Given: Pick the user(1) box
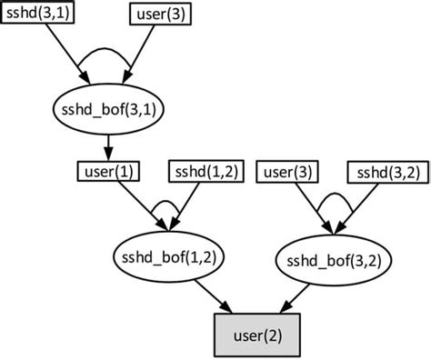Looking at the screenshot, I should (x=108, y=172).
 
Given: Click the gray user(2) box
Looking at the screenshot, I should (x=256, y=334).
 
